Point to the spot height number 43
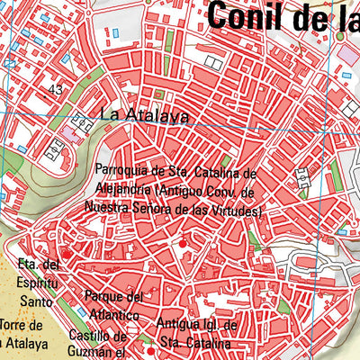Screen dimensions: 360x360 pyautogui.click(x=56, y=89)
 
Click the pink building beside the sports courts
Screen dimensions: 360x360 pyautogui.click(x=69, y=133)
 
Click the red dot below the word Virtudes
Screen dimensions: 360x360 pyautogui.click(x=183, y=243)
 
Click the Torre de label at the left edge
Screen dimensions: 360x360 pyautogui.click(x=22, y=325)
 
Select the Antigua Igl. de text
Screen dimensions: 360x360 pyautogui.click(x=195, y=324)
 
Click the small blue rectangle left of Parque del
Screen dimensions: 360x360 pyautogui.click(x=81, y=311)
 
